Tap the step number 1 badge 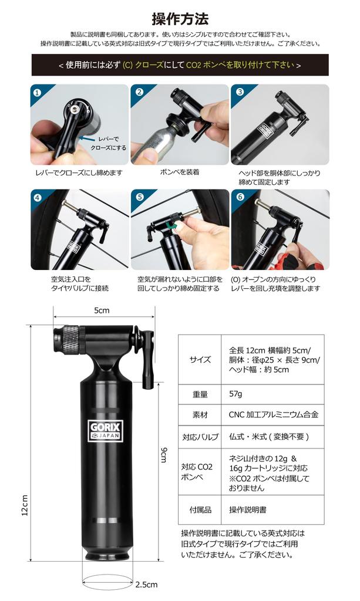[x=38, y=92]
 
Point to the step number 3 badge [x=240, y=92]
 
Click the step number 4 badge [x=38, y=197]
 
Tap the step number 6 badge [x=240, y=197]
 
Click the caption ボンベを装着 [x=179, y=173]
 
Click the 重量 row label [x=200, y=393]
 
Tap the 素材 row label [x=200, y=414]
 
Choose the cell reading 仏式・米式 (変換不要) [x=268, y=437]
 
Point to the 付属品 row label [x=200, y=510]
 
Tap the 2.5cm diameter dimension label [x=147, y=585]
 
